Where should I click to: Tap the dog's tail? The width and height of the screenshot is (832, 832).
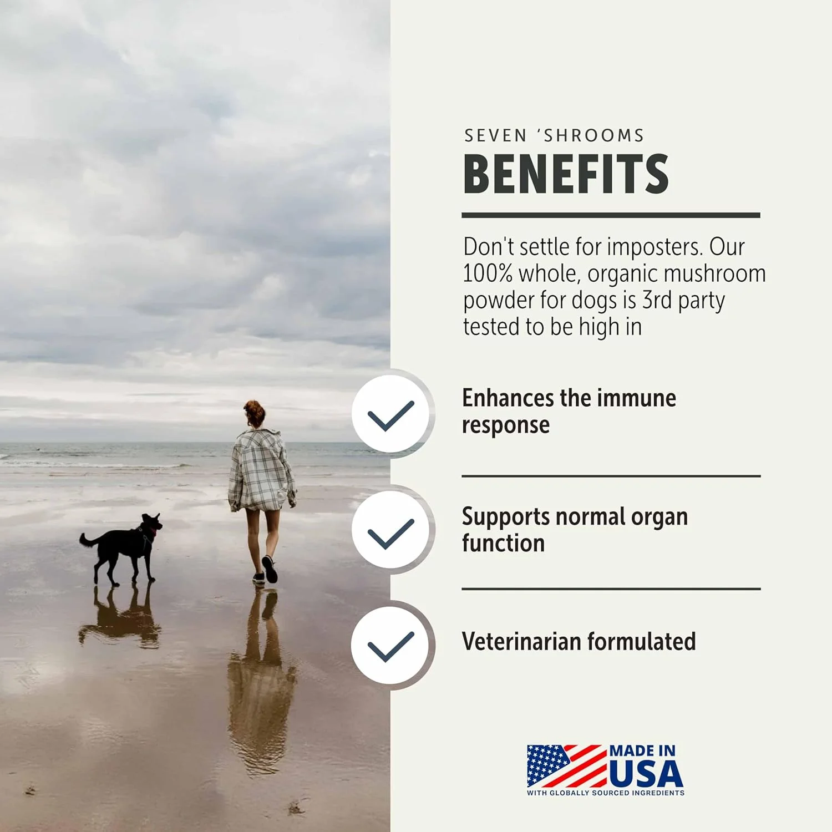[x=89, y=540]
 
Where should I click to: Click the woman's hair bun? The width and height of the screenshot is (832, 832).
[x=253, y=408]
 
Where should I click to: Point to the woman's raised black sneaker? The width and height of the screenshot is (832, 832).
[x=270, y=569]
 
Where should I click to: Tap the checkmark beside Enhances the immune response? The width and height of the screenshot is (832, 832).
[x=391, y=415]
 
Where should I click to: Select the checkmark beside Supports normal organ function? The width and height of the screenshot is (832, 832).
[x=391, y=534]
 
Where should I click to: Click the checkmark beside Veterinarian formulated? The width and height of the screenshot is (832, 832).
[x=391, y=646]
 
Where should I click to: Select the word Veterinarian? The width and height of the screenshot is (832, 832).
[x=521, y=641]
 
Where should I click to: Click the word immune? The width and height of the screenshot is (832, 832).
[x=637, y=398]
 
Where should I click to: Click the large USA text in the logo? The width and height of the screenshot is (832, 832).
[x=646, y=773]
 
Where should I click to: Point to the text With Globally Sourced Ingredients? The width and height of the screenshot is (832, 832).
[x=606, y=793]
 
